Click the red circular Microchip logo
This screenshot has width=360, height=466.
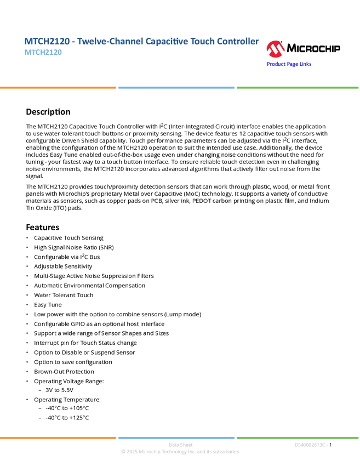tap(275, 49)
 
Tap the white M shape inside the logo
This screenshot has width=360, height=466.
tap(275, 50)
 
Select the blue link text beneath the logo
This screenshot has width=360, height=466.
tap(289, 64)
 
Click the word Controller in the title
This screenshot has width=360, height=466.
tap(237, 42)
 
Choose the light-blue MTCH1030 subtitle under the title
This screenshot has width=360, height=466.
tap(43, 53)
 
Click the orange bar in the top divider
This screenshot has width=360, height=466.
tap(58, 88)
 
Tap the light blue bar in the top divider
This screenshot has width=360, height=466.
tap(176, 88)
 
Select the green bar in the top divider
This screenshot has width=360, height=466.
tap(298, 88)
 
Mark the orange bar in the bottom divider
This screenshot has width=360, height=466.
tap(58, 437)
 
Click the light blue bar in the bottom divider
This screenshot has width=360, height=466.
tap(176, 437)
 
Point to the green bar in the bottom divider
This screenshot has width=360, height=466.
tap(298, 437)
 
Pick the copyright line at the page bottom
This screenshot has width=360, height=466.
tap(180, 452)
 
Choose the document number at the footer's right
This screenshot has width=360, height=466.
tap(311, 445)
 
